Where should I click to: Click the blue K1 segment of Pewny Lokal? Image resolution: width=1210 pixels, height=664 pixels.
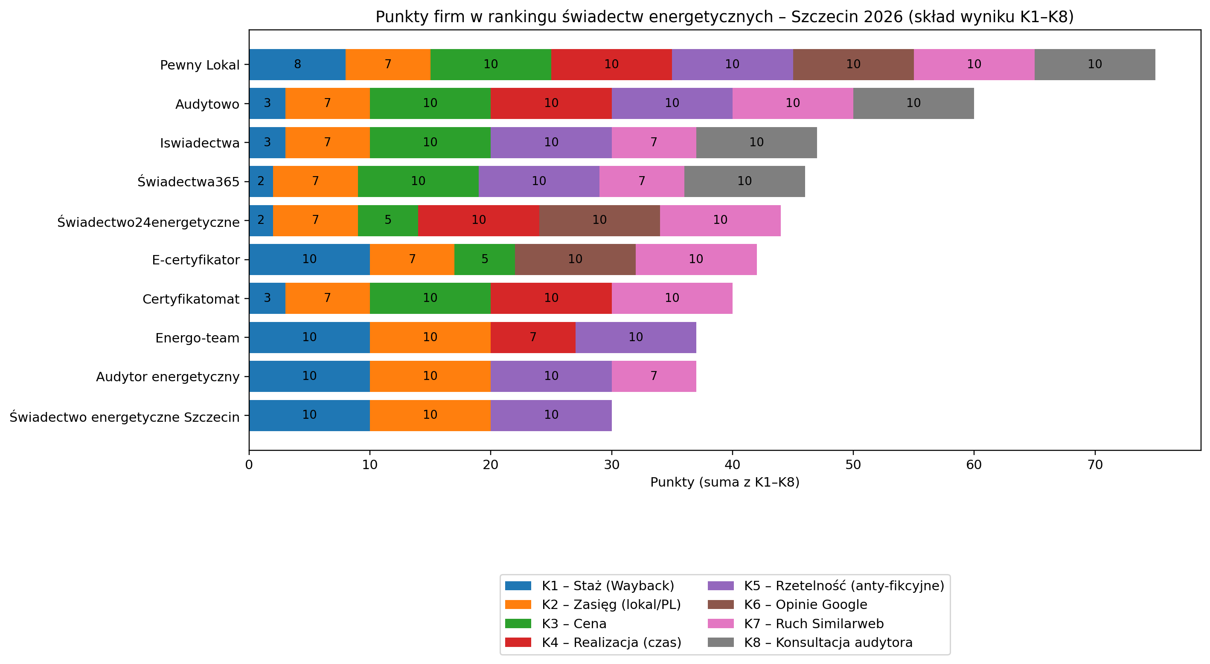coord(297,64)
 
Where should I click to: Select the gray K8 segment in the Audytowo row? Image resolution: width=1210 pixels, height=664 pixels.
coord(913,103)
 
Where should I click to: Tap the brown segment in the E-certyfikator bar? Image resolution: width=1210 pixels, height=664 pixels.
coord(575,259)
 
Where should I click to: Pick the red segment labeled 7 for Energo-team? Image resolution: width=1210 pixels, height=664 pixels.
coord(532,337)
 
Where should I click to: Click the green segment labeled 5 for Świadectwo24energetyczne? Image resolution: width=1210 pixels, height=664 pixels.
coord(387,220)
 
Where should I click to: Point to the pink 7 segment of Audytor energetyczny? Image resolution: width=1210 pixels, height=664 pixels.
coord(653,376)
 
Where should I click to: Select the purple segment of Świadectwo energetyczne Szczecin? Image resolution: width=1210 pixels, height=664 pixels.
coord(551,415)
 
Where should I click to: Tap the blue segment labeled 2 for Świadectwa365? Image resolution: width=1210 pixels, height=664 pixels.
coord(261,181)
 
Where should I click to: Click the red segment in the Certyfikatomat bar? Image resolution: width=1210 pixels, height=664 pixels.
coord(551,298)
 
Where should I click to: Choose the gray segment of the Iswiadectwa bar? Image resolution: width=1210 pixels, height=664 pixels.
coord(756,142)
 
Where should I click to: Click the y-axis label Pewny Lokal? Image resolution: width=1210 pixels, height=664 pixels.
coord(200,65)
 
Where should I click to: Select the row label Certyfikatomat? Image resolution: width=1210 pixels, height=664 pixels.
coord(191,299)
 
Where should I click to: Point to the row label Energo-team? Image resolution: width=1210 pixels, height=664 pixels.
coord(197,338)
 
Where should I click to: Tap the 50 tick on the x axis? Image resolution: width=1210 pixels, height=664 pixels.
coord(853,465)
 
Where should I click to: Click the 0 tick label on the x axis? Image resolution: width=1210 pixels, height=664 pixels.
coord(249,465)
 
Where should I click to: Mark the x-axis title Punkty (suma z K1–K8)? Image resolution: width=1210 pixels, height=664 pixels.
coord(725,482)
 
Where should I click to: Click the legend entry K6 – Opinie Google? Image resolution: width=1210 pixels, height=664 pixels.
coord(805,604)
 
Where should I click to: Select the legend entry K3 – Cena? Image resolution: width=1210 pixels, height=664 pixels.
coord(573,623)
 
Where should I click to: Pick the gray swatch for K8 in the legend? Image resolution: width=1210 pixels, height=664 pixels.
coord(721,642)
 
